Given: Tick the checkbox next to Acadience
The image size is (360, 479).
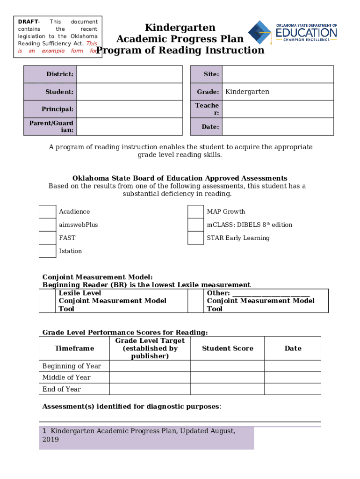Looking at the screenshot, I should pos(47,212).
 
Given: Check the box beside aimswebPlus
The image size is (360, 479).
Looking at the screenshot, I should pos(47,225).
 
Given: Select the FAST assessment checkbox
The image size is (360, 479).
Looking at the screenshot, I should pos(47,238).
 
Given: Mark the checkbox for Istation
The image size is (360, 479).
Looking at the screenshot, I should pos(47,251).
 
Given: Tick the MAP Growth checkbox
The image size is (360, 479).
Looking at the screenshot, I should pos(195,212).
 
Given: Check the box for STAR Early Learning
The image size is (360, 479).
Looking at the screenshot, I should pos(195,238).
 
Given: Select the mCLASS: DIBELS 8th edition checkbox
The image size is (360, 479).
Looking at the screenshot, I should pos(195,225).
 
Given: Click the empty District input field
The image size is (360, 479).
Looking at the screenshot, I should pos(129,74).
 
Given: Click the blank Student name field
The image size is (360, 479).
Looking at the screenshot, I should pos(129,92).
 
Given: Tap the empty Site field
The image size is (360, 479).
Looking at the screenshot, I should pos(277,74).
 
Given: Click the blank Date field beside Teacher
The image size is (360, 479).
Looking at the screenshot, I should pos(277,127).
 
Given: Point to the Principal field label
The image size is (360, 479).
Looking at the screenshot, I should pos(58,109).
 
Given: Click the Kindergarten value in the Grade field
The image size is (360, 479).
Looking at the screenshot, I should pos(247,92).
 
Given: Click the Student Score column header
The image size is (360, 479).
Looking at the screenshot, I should pos(227,348).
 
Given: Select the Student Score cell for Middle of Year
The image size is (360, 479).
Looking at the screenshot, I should pos(227,377).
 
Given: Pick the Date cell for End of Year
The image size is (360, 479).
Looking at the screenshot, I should pos(293,389).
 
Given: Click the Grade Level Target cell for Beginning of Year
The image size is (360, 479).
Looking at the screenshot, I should pos(150,366).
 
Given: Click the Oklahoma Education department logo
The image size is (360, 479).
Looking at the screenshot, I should pos(292,32).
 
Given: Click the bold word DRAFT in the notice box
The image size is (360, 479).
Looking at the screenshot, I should pos(28,22).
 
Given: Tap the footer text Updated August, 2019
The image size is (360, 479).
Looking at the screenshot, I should pos(140,435).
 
